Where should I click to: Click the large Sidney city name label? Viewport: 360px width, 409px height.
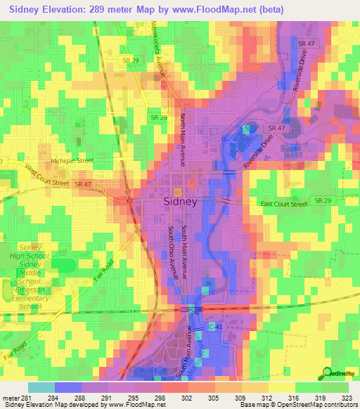[180, 200]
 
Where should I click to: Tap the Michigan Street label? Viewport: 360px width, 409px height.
[72, 160]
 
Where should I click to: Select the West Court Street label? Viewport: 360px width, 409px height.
[48, 176]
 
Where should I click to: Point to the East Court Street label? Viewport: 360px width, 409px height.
[284, 204]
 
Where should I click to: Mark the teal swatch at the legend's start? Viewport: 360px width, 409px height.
[41, 387]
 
